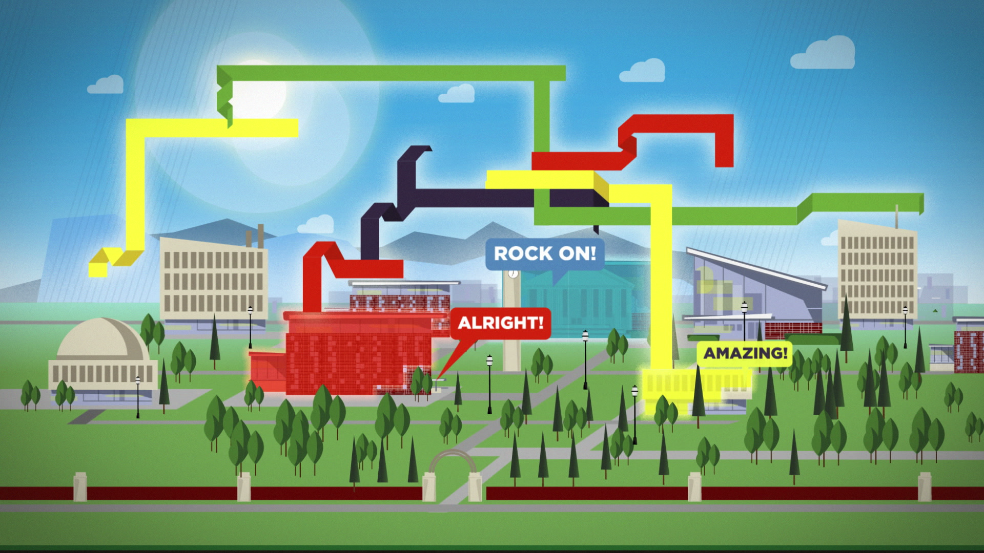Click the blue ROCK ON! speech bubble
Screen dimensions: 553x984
[544, 253]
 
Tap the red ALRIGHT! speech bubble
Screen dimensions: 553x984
[500, 323]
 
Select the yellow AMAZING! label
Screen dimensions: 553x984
[745, 353]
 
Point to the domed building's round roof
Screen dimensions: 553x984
[102, 338]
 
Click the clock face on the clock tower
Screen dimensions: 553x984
[513, 274]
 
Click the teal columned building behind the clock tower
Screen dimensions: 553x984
[579, 302]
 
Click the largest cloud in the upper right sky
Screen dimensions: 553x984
[823, 54]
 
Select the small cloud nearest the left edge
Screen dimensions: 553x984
[106, 85]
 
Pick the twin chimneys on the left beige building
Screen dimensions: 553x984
[255, 237]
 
